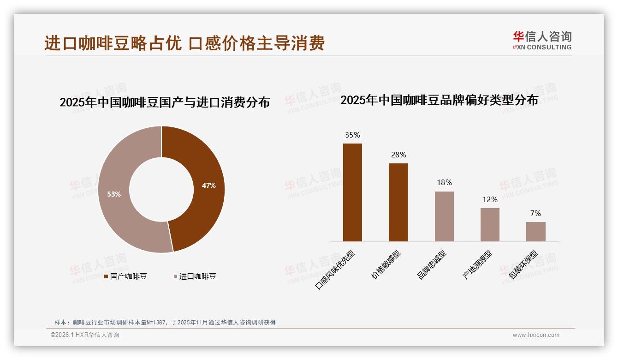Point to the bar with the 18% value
pyautogui.click(x=444, y=216)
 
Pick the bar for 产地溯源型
pyautogui.click(x=490, y=225)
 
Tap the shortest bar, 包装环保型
pyautogui.click(x=535, y=232)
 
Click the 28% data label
pyautogui.click(x=398, y=155)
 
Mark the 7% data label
pyautogui.click(x=535, y=213)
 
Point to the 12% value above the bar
pyautogui.click(x=490, y=199)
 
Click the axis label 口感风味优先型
pyautogui.click(x=335, y=270)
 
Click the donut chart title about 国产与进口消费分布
pyautogui.click(x=165, y=102)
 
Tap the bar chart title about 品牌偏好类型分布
pyautogui.click(x=439, y=100)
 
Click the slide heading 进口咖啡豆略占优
pyautogui.click(x=184, y=43)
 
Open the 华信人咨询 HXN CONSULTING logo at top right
pyautogui.click(x=542, y=40)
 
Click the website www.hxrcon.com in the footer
pyautogui.click(x=536, y=335)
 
